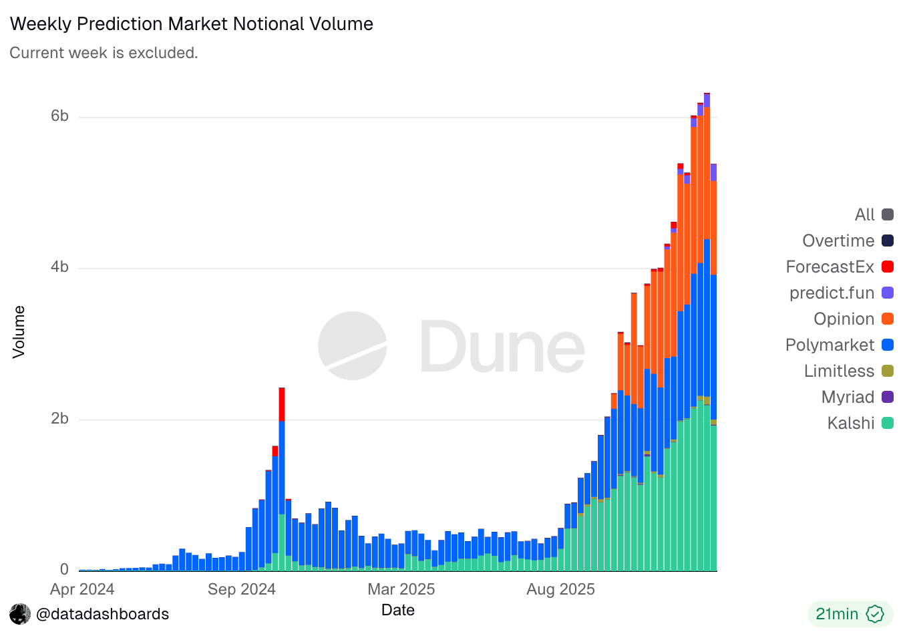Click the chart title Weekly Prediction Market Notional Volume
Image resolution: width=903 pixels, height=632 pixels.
(192, 24)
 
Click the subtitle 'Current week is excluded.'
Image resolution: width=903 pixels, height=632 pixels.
(104, 53)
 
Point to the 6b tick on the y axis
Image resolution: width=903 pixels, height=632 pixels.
(59, 116)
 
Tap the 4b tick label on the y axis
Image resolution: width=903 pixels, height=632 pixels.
(59, 267)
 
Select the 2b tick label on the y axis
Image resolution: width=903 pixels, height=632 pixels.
(59, 419)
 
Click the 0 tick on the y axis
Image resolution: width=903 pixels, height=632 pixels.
(64, 569)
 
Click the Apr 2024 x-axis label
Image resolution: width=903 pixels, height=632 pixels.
(82, 589)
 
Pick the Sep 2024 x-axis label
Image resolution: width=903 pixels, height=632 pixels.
(241, 589)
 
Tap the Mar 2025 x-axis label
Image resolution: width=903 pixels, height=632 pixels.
(401, 589)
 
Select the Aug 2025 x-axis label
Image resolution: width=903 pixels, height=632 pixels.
(560, 589)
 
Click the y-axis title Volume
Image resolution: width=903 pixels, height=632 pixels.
(19, 332)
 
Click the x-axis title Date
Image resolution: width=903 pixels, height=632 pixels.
(397, 610)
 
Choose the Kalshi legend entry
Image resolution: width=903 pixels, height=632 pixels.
(850, 423)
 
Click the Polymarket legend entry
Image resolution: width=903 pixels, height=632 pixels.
(830, 345)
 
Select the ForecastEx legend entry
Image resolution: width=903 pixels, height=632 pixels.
(830, 267)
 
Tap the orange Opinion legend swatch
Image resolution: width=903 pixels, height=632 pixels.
(887, 319)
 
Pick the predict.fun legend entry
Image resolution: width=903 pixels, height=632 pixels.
(832, 293)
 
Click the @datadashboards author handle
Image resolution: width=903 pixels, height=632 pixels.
(102, 614)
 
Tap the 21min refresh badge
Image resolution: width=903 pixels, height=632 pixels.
(849, 614)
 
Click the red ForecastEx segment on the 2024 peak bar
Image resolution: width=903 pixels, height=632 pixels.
(282, 405)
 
